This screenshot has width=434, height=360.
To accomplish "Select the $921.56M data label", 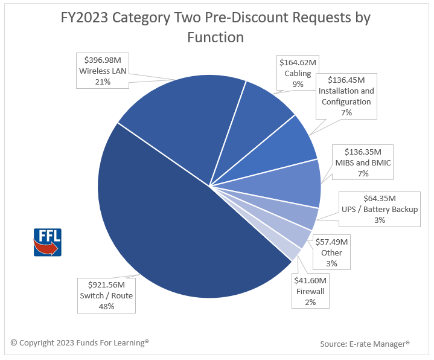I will [x=106, y=295].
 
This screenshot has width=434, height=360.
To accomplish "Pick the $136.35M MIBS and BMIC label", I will [x=363, y=162].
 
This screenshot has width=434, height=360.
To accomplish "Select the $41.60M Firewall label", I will [x=310, y=291].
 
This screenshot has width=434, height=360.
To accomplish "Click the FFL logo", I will [x=47, y=242].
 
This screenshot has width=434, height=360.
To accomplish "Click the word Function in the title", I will [x=215, y=37].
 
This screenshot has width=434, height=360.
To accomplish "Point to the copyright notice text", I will [x=80, y=342].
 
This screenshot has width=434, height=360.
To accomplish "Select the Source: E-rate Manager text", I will [x=365, y=344].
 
